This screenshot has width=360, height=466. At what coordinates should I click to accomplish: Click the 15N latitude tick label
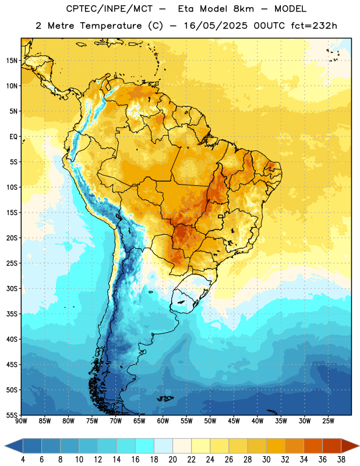(x=12, y=61)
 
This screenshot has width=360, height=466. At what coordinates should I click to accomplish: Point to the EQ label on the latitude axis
(x=13, y=137)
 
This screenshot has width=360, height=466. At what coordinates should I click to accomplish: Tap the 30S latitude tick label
(x=12, y=288)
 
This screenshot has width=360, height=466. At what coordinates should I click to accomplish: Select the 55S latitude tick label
(x=12, y=415)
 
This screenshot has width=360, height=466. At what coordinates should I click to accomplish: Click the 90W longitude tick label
(x=21, y=421)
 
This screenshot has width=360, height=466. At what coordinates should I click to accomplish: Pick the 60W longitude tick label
(x=163, y=421)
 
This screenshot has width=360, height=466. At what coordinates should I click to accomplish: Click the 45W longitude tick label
(x=234, y=421)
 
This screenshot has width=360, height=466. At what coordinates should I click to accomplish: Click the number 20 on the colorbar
(x=172, y=460)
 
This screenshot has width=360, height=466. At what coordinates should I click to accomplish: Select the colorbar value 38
(x=341, y=460)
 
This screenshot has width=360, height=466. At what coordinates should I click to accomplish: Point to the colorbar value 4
(x=23, y=460)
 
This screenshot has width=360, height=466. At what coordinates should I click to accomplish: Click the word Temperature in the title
(x=111, y=26)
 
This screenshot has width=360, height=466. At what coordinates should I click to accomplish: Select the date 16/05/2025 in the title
(x=216, y=26)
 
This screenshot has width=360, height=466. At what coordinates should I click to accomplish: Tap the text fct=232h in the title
(x=314, y=26)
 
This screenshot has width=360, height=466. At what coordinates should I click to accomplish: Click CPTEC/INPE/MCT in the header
(x=110, y=9)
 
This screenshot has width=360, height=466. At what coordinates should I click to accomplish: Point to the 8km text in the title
(x=243, y=9)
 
